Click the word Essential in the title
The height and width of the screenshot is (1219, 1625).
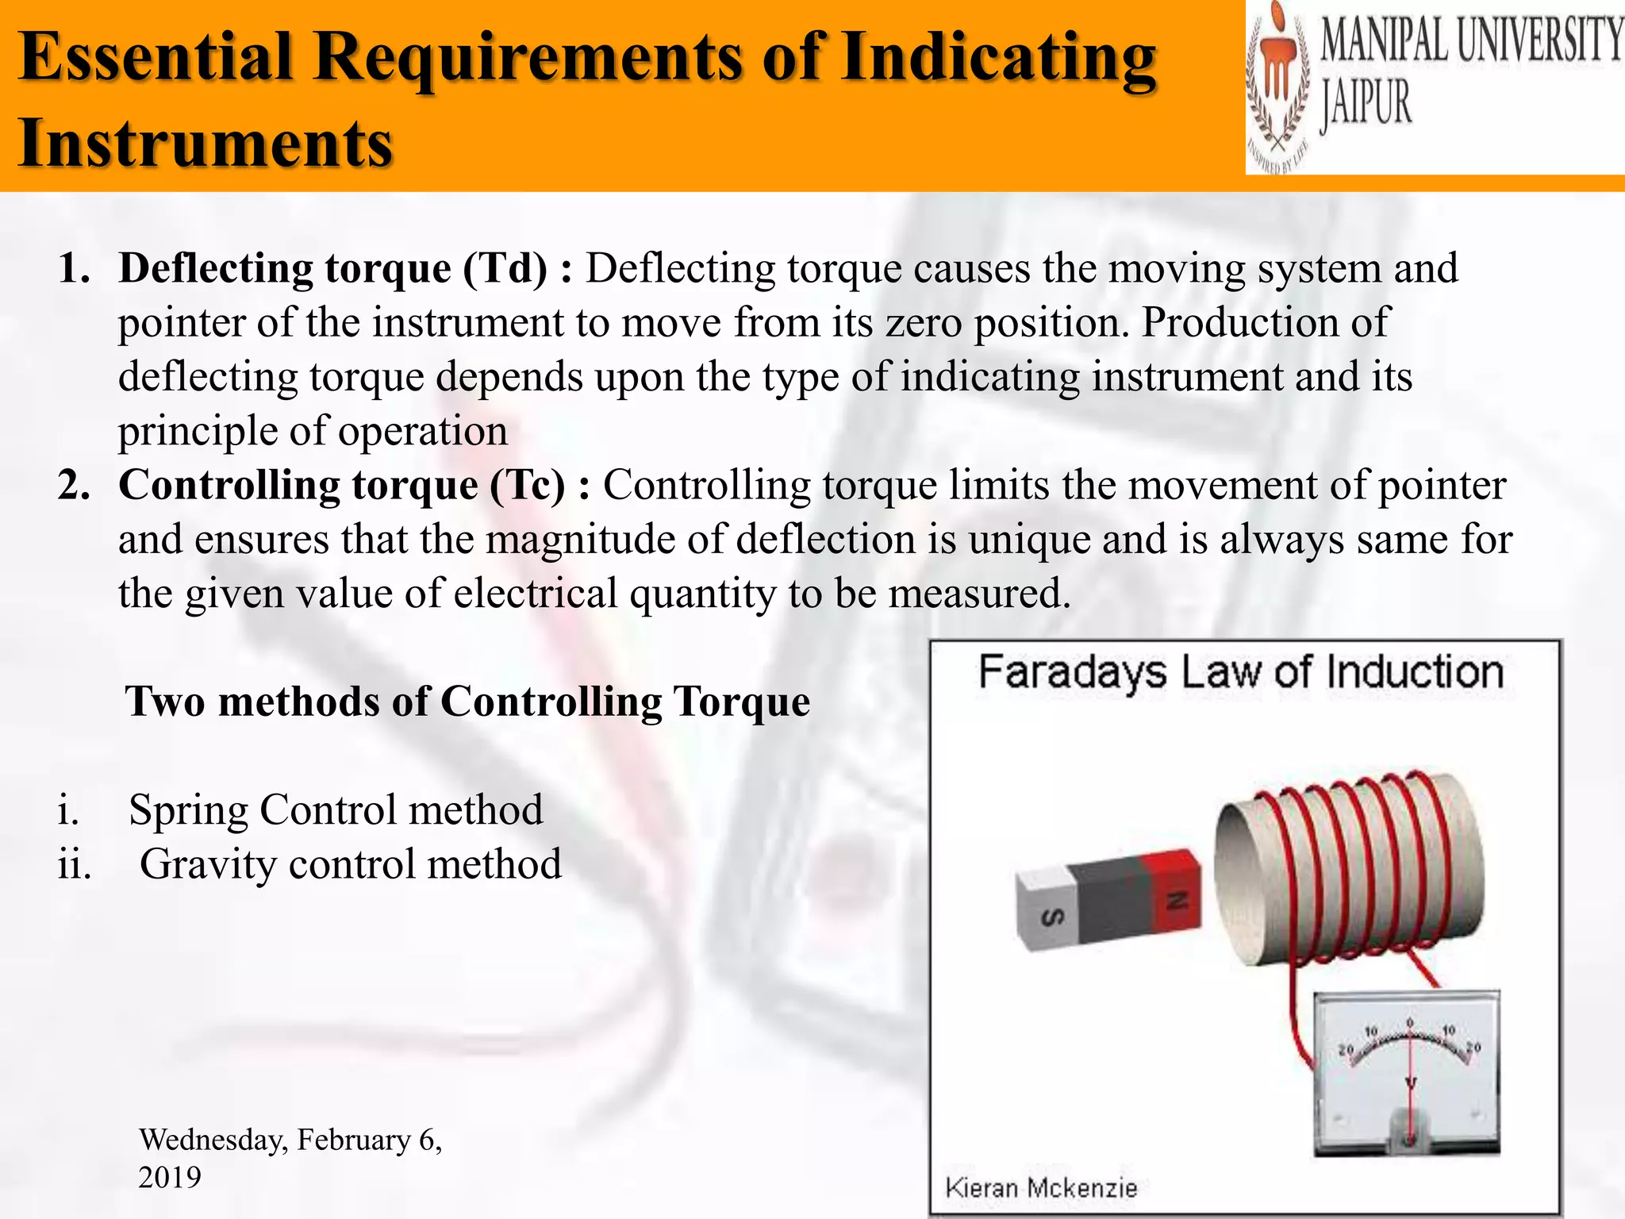156,57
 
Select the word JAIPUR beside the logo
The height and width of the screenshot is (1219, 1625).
1366,106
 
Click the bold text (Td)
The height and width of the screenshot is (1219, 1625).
505,268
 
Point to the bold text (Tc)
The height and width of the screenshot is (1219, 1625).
528,485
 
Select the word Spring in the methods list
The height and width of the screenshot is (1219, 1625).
188,810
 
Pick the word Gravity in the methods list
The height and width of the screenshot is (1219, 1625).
208,864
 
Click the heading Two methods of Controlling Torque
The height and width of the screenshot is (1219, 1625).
467,702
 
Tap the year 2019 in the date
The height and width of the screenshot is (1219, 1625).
170,1176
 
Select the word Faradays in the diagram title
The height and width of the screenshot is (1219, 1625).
1072,673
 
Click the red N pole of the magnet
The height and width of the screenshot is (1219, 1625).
1177,897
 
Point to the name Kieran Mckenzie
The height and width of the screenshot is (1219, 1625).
1041,1188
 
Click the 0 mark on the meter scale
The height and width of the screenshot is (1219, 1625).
1409,1023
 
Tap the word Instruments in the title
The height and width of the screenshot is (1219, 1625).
206,143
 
